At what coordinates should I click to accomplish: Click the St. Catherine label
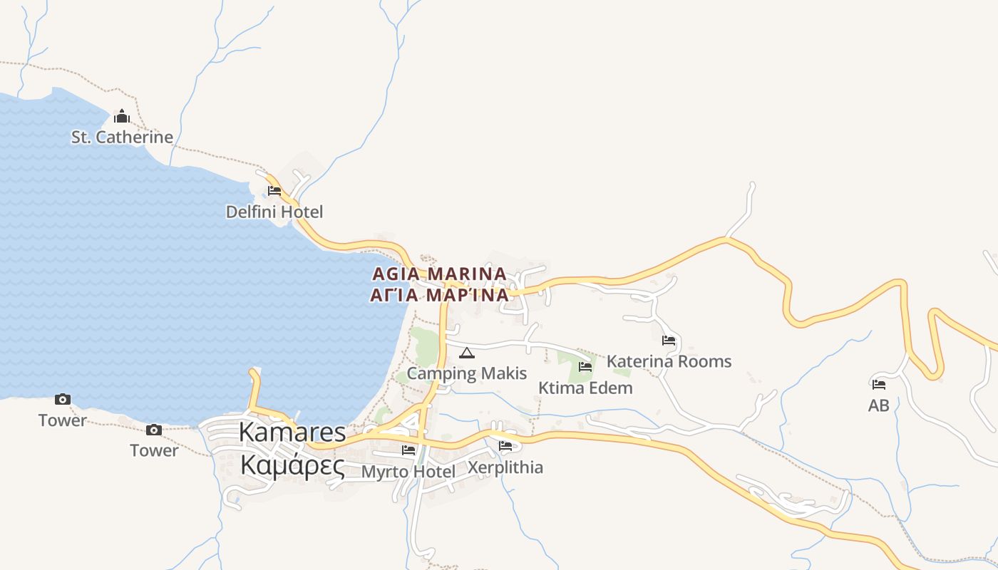click(x=122, y=137)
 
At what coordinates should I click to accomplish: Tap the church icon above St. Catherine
click(x=122, y=116)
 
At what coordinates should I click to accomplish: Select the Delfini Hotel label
click(x=274, y=212)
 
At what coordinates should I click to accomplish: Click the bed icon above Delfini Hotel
click(x=274, y=190)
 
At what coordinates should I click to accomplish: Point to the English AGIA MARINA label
click(x=439, y=274)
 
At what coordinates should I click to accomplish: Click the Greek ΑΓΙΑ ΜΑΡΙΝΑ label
click(x=439, y=295)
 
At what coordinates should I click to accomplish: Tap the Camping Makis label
click(x=466, y=373)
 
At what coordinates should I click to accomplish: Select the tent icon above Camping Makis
click(x=467, y=353)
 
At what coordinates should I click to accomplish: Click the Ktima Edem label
click(x=585, y=388)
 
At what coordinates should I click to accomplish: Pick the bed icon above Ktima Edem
click(x=585, y=367)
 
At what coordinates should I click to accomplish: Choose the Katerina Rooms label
click(x=669, y=361)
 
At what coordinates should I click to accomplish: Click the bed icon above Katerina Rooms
click(x=669, y=341)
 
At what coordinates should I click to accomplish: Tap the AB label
click(x=879, y=405)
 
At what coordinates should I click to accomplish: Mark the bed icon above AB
click(x=879, y=385)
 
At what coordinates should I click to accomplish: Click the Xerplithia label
click(x=505, y=467)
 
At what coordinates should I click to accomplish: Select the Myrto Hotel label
click(x=408, y=472)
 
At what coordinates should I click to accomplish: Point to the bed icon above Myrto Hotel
click(x=408, y=450)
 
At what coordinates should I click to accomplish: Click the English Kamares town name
click(x=292, y=432)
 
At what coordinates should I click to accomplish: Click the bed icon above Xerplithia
click(x=505, y=447)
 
